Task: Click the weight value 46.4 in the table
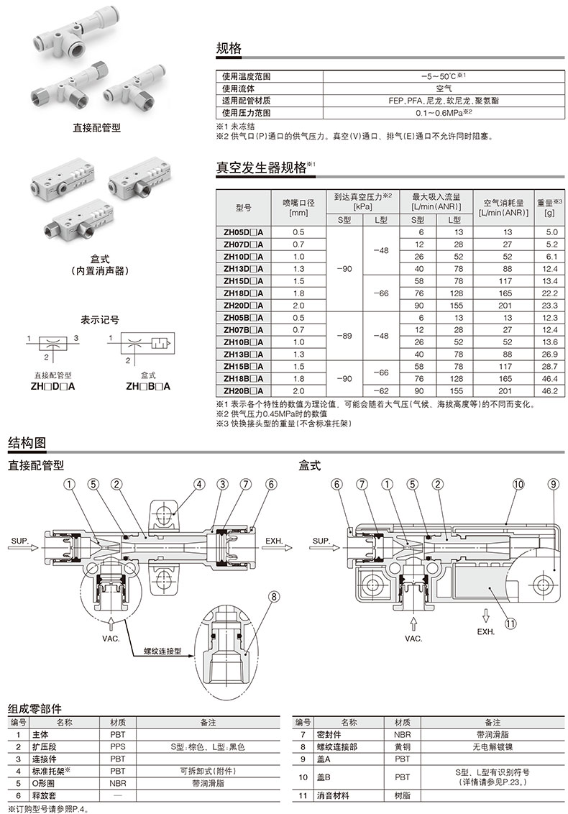coord(550,378)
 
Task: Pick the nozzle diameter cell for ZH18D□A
coord(299,293)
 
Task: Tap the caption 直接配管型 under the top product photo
coord(97,128)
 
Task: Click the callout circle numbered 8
coord(273,596)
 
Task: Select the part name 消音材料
coord(339,796)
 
